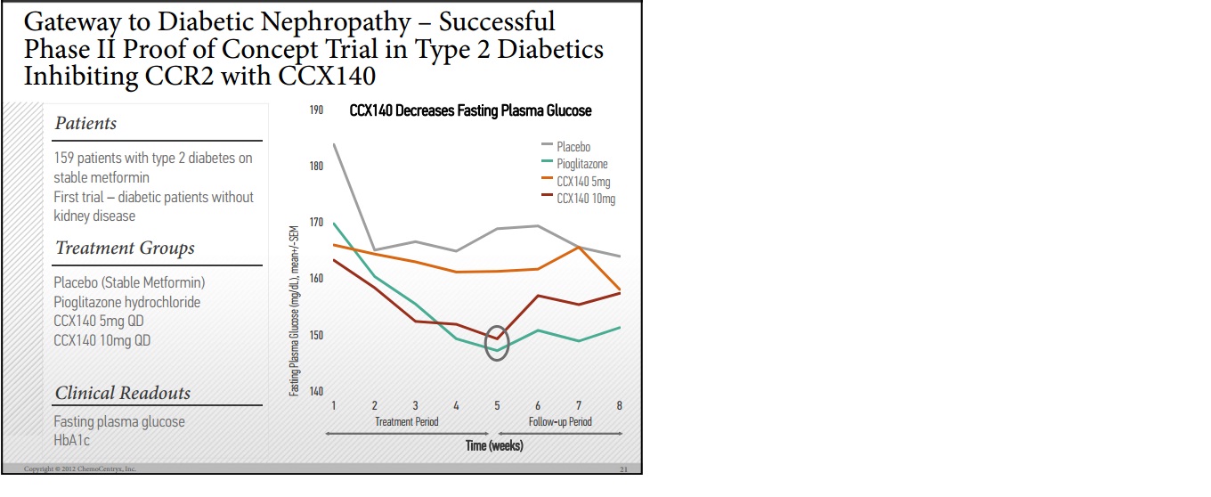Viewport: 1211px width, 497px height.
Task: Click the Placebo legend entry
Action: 573,147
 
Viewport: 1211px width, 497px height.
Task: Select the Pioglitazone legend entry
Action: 582,164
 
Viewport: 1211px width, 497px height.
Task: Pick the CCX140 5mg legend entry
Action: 583,182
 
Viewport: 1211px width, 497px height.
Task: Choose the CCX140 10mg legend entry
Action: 586,199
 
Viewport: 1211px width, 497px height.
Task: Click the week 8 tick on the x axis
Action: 620,406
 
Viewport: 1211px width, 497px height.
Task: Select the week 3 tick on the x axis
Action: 415,406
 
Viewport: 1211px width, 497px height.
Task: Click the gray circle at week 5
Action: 497,344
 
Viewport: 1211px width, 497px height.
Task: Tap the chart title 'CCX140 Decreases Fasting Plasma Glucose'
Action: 469,111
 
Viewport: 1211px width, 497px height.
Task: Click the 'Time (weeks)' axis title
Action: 494,445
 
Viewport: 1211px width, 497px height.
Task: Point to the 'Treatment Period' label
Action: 406,422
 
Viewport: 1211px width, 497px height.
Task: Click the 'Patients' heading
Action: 85,124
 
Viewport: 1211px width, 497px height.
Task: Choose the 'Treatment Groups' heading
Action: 125,248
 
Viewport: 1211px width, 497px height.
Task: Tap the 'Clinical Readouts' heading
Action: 123,394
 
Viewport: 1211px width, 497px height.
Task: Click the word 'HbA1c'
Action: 72,440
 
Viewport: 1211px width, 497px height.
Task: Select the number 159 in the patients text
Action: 65,159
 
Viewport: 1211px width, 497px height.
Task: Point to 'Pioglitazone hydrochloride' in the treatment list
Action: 127,302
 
